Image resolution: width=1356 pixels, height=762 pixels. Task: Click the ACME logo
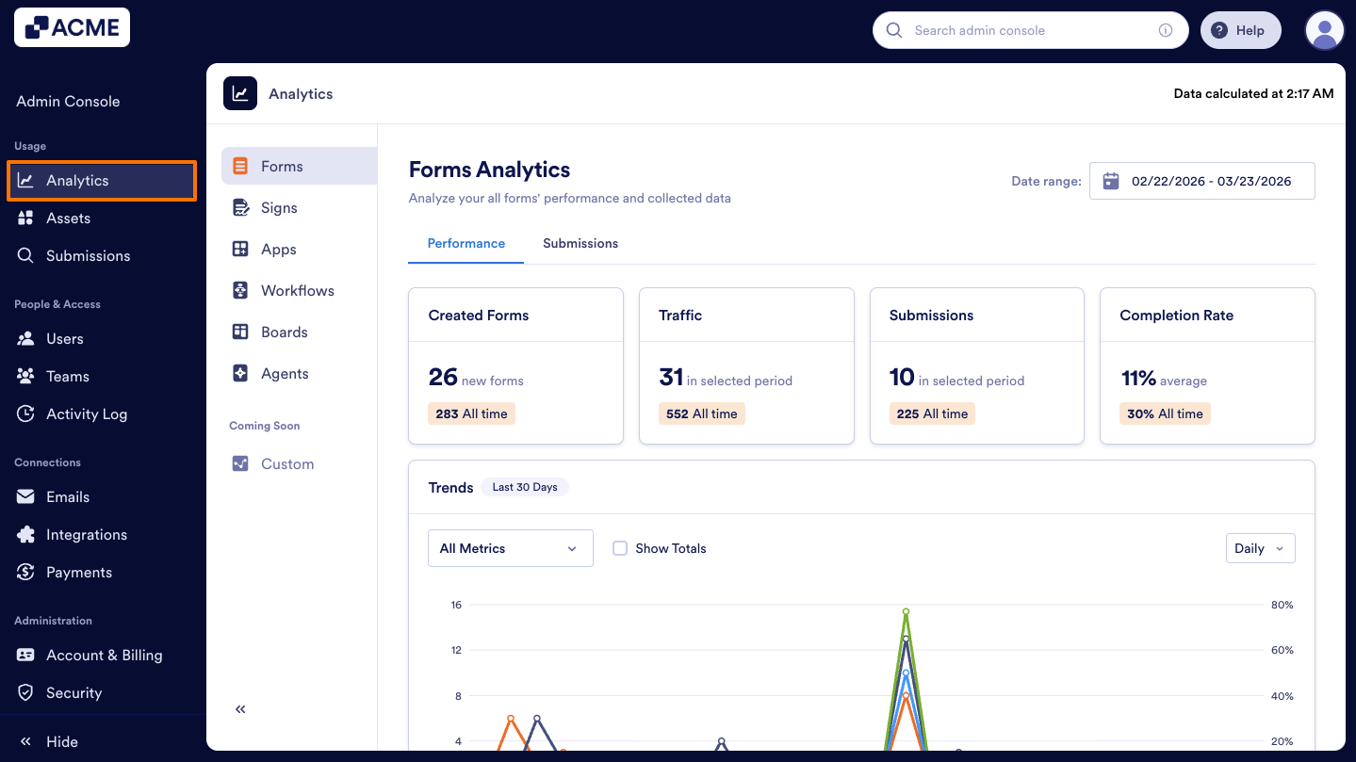(x=72, y=28)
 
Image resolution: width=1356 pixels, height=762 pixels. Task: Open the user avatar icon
(x=1324, y=30)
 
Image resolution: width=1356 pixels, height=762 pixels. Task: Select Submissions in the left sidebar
(x=88, y=256)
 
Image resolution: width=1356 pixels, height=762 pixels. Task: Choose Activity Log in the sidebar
(x=86, y=414)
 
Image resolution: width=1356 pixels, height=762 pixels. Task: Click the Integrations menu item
(x=86, y=535)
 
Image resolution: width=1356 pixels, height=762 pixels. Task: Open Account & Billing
(x=104, y=656)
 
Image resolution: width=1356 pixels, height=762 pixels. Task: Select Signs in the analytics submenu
(x=279, y=208)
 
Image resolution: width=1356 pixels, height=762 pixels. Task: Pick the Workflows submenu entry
(x=297, y=291)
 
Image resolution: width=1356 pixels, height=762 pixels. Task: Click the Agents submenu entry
(x=284, y=374)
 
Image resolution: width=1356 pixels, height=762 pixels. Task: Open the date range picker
(x=1201, y=181)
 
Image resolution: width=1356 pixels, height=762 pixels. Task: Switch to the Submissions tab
(x=580, y=243)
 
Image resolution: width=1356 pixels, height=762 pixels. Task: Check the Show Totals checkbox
(x=620, y=548)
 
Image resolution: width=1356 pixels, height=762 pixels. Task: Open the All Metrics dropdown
(x=510, y=548)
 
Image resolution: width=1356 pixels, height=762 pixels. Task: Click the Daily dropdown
(x=1259, y=548)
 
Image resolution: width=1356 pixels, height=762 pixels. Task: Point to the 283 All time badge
(x=471, y=413)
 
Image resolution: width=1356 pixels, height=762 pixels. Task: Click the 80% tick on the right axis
(x=1282, y=605)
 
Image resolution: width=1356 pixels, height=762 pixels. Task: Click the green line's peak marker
(x=906, y=611)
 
